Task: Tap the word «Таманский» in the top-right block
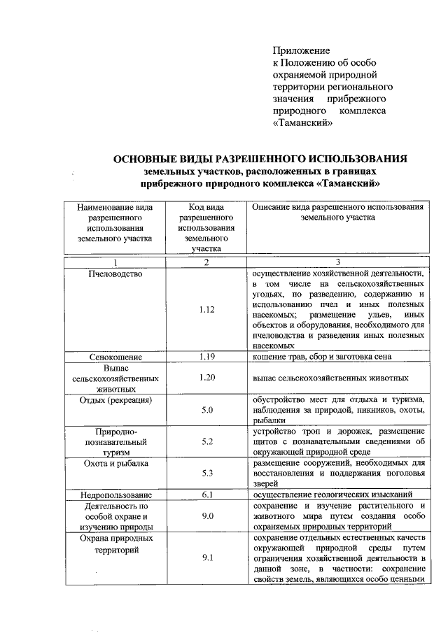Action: [302, 123]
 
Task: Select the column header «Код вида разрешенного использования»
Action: [206, 227]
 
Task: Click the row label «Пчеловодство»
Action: [115, 273]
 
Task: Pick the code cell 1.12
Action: [206, 308]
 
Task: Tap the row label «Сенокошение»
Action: [115, 357]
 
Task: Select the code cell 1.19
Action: [206, 357]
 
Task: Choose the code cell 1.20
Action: [206, 378]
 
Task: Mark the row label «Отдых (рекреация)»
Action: [115, 400]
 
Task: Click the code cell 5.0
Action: [206, 410]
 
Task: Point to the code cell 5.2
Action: [206, 442]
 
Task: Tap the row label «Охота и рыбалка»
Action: [115, 464]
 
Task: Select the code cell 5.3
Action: [206, 474]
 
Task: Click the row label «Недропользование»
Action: [115, 495]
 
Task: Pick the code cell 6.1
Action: [206, 495]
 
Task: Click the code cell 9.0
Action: [206, 517]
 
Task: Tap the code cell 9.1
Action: [206, 558]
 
